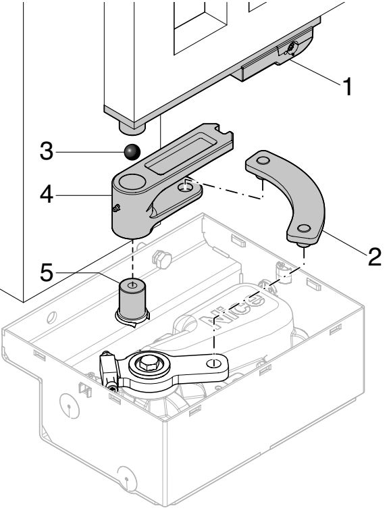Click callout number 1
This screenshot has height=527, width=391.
tap(348, 86)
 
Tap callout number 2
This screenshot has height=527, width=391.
tap(375, 257)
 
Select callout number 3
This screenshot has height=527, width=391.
tap(47, 151)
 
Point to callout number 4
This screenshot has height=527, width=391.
tap(47, 195)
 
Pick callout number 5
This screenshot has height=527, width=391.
tap(47, 272)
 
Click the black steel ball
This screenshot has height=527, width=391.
tap(132, 152)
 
